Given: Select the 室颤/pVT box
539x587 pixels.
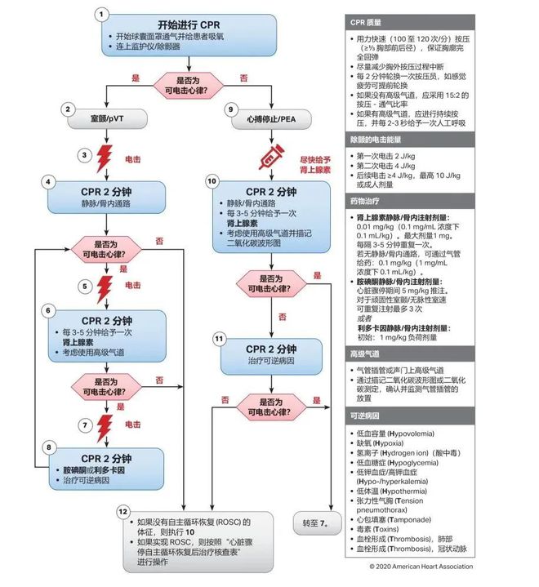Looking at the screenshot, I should pyautogui.click(x=109, y=118).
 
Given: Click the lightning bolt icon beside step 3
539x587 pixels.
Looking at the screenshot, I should pyautogui.click(x=104, y=158).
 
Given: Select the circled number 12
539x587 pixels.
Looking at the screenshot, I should pyautogui.click(x=123, y=510).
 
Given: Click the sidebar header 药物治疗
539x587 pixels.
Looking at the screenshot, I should pyautogui.click(x=368, y=199).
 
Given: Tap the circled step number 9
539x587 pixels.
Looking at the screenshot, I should pyautogui.click(x=231, y=109).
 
